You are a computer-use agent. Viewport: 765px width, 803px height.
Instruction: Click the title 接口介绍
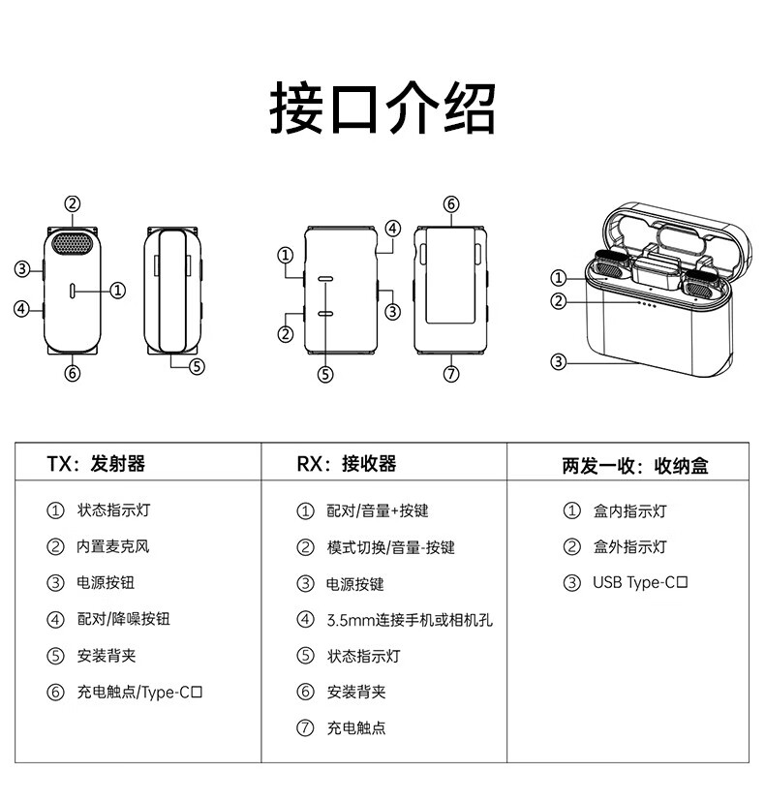click(x=382, y=108)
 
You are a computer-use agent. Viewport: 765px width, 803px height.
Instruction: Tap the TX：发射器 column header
click(x=96, y=464)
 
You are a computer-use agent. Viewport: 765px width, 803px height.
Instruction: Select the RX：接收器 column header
click(x=347, y=464)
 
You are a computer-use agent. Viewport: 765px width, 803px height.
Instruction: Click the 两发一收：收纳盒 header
click(x=635, y=466)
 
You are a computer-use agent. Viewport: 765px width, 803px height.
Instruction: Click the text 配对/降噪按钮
click(x=123, y=619)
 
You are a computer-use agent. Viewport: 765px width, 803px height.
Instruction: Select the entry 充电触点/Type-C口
click(x=139, y=692)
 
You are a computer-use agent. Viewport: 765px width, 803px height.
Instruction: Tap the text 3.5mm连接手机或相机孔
click(x=410, y=620)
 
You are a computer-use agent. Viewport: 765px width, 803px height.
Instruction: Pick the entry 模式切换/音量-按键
click(x=390, y=547)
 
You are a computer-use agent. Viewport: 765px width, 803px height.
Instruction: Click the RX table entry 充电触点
click(x=355, y=727)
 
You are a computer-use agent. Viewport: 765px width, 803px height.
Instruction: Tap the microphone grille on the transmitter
click(x=73, y=241)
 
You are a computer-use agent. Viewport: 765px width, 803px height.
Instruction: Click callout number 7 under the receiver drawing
click(x=451, y=375)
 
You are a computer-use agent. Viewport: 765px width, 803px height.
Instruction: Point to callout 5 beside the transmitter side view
click(x=197, y=366)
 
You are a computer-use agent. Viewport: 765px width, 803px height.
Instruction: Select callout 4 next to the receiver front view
click(x=392, y=229)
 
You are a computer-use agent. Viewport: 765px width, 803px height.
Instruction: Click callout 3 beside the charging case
click(x=558, y=362)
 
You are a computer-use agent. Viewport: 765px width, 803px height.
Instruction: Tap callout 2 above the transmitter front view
click(x=73, y=203)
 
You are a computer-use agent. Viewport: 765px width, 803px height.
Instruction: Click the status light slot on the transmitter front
click(x=74, y=290)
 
